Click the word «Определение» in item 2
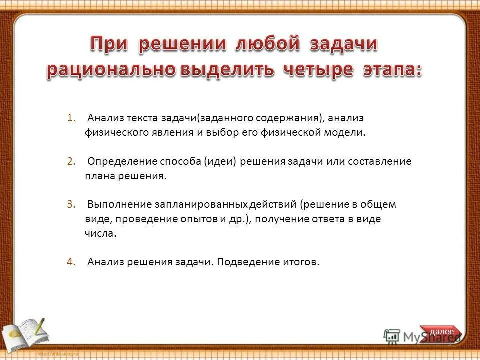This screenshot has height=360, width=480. click(122, 161)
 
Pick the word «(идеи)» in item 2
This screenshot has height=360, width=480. click(220, 161)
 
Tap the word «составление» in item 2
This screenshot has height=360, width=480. click(382, 161)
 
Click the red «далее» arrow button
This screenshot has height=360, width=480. click(442, 332)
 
